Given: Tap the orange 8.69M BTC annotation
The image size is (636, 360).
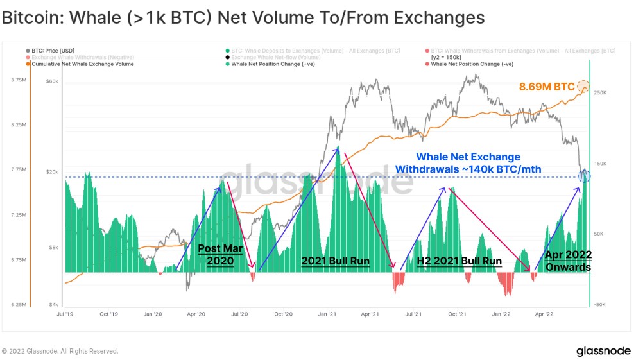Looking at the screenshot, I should point(546,86).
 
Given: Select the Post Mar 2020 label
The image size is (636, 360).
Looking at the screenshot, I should point(216,254).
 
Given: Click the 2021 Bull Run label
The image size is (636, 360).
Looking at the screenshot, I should point(335,261).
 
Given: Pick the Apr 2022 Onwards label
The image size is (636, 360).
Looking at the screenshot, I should point(568,261).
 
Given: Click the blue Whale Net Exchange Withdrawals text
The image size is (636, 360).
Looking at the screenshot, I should point(468,163).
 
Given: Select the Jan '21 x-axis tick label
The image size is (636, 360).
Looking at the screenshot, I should point(328,314).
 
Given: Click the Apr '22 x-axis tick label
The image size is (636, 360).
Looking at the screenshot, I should point(545,314).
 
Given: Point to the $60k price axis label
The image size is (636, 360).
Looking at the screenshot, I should point(52,81).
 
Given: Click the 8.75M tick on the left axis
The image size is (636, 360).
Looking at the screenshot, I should point(18,80).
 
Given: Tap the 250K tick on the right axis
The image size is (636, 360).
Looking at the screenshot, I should point(600,93).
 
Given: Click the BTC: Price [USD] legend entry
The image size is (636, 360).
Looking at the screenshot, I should point(51,51).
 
